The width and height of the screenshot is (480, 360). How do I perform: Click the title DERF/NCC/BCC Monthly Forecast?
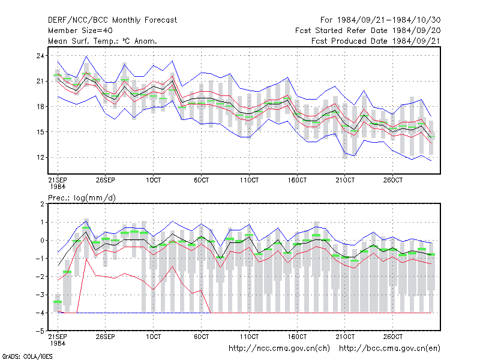pos(112,20)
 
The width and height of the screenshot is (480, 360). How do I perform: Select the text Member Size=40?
pos(80,31)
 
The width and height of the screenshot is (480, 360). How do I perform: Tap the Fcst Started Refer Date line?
pos(368,31)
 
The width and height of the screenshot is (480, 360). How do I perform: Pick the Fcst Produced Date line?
pos(376,41)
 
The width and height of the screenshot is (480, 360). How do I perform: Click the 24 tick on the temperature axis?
pos(40,56)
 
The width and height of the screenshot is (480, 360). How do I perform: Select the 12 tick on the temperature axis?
pos(40,157)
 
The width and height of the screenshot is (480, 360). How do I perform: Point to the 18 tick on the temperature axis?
pos(40,107)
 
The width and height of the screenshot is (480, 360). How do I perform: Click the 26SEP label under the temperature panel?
pos(106,180)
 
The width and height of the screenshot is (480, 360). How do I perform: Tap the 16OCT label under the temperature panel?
pos(297,180)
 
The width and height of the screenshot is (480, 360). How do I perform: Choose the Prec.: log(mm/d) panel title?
pos(82,198)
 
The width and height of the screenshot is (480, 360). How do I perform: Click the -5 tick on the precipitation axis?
pos(40,331)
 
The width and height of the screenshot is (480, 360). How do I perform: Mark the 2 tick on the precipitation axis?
pos(42,204)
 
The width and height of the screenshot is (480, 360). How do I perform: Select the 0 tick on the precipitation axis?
pos(42,241)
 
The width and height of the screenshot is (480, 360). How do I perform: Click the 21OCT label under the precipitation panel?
pos(345,337)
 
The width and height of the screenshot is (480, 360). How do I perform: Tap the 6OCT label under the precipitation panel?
pos(201,337)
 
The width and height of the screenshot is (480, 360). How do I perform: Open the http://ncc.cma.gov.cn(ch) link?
pos(279,349)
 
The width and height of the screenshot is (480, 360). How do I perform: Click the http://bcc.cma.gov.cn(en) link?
pos(389,349)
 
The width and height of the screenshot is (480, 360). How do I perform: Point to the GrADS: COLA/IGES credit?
pos(27,356)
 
